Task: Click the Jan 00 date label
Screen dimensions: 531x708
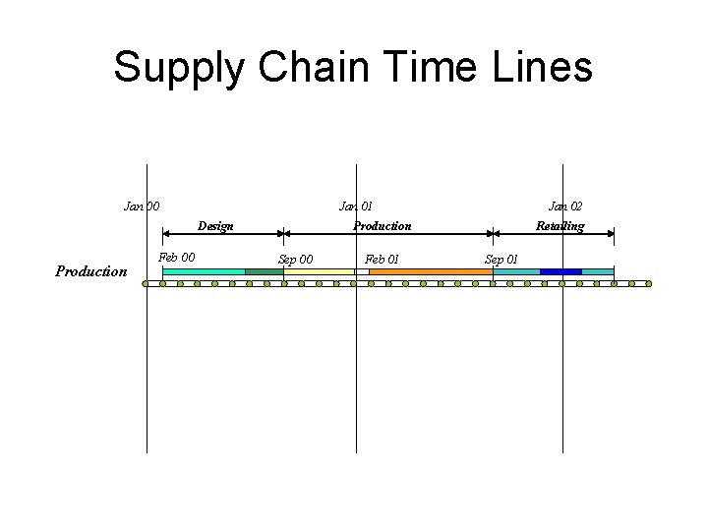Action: click(x=142, y=206)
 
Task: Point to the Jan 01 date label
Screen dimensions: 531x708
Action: click(x=355, y=206)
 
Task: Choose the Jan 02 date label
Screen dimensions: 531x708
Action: click(x=564, y=206)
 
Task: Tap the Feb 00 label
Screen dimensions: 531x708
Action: click(x=177, y=259)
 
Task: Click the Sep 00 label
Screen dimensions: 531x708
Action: click(x=296, y=260)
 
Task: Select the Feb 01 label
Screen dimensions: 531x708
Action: click(x=382, y=260)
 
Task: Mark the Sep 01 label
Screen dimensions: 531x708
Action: click(x=501, y=260)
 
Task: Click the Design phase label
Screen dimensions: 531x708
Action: click(x=215, y=226)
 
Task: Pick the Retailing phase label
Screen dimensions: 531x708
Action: click(x=560, y=226)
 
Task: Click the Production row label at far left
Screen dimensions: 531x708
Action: click(x=91, y=271)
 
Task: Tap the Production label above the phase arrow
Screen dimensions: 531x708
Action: click(x=383, y=226)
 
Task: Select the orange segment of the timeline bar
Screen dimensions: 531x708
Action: click(x=430, y=271)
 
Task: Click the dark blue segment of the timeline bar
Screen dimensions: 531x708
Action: click(x=560, y=271)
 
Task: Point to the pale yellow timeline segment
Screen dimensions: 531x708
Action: click(x=319, y=271)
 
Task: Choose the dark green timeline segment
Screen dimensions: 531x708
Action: click(x=264, y=271)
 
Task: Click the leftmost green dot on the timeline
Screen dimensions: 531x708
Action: click(x=145, y=284)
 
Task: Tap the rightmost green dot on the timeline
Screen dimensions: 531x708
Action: click(x=648, y=284)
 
